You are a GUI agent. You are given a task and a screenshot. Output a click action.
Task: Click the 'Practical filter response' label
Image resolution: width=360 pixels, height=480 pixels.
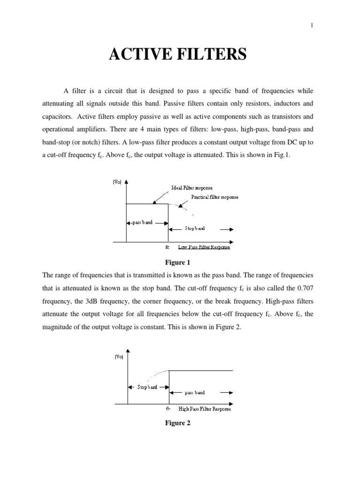(x=215, y=197)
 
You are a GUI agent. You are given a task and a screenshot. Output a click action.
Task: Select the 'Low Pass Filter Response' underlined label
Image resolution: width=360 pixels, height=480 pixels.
(x=203, y=247)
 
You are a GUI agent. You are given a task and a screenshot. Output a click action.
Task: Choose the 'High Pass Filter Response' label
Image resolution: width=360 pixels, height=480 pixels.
(x=205, y=409)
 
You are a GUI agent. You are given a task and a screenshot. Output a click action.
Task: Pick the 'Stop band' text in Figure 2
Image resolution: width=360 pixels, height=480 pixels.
(x=147, y=387)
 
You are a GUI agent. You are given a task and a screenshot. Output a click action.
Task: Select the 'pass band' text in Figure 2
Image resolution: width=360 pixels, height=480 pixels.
(x=194, y=393)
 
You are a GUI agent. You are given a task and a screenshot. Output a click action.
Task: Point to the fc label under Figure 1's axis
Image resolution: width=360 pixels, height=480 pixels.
(x=167, y=247)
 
